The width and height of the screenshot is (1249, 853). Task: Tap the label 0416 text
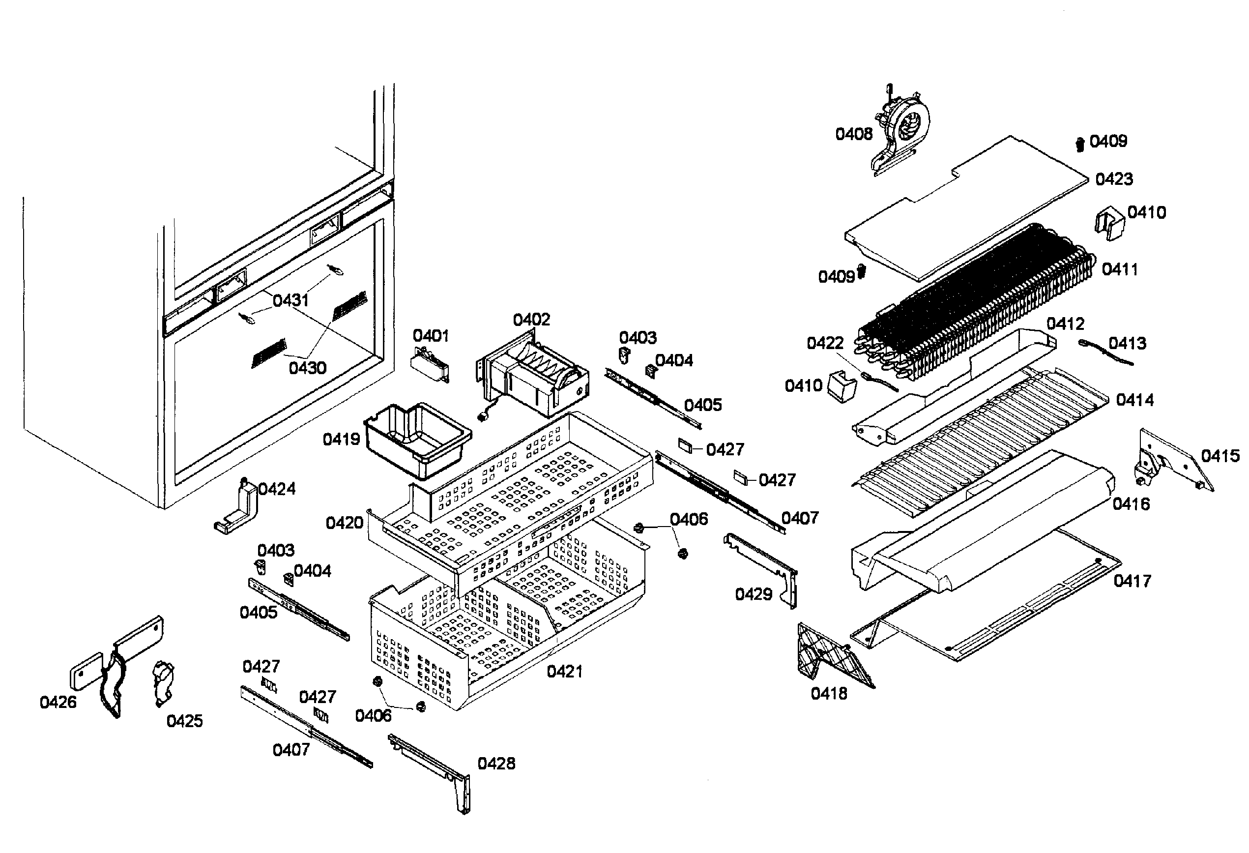tap(1131, 504)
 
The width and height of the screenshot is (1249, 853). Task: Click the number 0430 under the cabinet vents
tap(307, 368)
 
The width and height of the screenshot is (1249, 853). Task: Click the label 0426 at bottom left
tap(58, 702)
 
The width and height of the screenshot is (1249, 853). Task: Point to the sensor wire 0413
tap(1107, 353)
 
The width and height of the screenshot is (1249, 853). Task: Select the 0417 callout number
tap(1132, 581)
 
